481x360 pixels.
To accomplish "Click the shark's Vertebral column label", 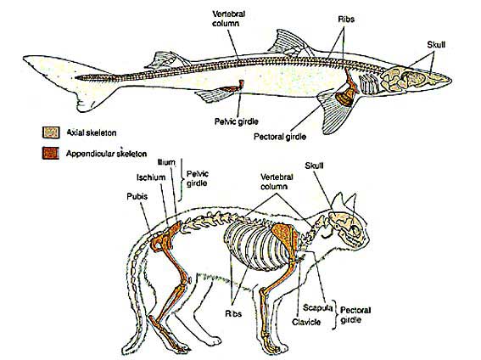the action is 228,19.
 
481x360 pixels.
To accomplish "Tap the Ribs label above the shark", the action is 346,19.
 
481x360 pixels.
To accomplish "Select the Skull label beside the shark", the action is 436,44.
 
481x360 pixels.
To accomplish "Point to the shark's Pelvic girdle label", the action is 236,121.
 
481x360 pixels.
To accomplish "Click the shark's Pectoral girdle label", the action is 280,136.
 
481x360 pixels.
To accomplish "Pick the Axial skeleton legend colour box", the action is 51,132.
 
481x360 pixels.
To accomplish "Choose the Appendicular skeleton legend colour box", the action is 51,153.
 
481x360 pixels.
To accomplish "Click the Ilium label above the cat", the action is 166,162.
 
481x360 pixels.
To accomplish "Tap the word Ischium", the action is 151,177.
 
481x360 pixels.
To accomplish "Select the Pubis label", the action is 137,196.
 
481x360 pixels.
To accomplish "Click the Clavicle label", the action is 306,322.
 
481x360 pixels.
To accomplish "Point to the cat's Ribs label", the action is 233,313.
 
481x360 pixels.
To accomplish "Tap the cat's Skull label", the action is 314,166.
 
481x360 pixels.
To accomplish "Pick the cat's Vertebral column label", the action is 277,182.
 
